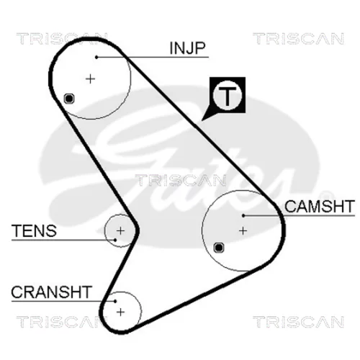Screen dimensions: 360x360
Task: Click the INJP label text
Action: [187, 48]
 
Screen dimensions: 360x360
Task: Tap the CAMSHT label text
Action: [320, 207]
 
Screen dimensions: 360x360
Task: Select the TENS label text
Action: [34, 230]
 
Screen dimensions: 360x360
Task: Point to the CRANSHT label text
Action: [52, 292]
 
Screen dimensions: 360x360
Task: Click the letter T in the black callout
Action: [227, 96]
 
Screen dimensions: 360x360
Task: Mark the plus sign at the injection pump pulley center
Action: [91, 79]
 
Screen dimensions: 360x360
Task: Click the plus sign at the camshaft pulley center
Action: [243, 230]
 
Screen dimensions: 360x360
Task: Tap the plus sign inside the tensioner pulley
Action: [120, 230]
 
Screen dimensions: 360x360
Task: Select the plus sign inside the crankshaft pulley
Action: [120, 312]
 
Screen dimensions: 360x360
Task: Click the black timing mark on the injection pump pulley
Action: [69, 99]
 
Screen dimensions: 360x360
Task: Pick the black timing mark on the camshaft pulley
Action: [219, 248]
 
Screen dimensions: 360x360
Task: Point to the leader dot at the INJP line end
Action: [96, 58]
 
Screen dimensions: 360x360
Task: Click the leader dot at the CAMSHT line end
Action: [243, 216]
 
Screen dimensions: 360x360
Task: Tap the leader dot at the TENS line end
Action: [115, 240]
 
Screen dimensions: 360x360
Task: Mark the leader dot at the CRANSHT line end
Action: [115, 301]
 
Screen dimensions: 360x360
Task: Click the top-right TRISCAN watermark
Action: [299, 39]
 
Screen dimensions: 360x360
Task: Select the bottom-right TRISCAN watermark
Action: [299, 322]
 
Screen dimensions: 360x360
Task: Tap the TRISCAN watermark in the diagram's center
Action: [181, 181]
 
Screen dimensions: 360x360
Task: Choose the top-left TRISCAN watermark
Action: [62, 39]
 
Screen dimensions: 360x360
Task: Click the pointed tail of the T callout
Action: [202, 120]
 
